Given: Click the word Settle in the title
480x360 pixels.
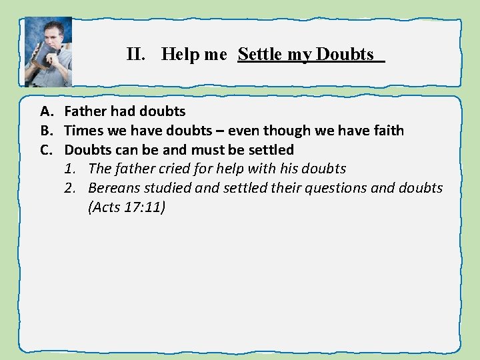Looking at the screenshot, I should pos(260,55).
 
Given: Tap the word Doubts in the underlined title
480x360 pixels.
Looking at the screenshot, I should pos(345,55).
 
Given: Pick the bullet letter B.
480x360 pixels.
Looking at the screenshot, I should pos(45,131).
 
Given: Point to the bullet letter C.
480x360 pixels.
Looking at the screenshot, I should pos(45,149).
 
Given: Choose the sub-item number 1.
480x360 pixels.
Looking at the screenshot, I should pos(70,169).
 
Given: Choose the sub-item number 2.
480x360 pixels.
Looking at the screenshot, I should pos(70,188).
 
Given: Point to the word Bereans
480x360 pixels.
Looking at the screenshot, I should pos(115,188).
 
